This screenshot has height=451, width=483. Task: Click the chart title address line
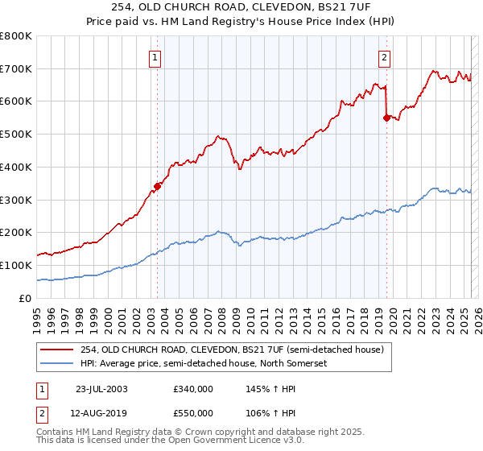click(241, 8)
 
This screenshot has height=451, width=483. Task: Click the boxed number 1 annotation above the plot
click(154, 57)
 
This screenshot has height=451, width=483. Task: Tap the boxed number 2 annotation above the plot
click(385, 57)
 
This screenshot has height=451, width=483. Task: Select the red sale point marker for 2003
click(158, 186)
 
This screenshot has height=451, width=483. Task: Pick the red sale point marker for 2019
click(386, 118)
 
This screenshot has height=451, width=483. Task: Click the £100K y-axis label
click(16, 265)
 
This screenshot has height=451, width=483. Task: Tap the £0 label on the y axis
click(26, 298)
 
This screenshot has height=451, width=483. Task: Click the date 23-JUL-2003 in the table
click(101, 389)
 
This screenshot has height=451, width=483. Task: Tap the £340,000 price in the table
click(193, 389)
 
